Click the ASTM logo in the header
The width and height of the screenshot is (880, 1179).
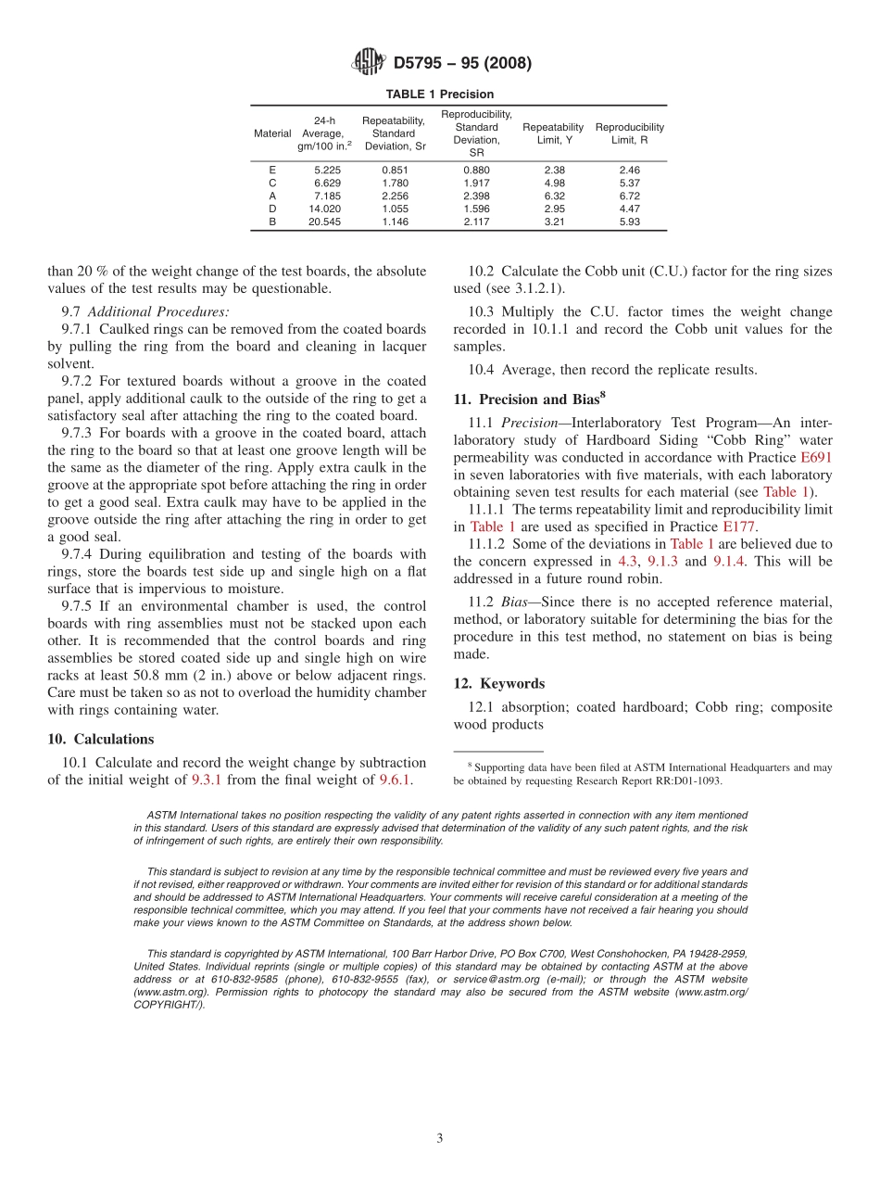click(x=369, y=63)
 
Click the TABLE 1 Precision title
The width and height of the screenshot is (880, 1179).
click(x=440, y=95)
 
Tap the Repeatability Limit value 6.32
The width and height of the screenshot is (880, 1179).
click(x=554, y=196)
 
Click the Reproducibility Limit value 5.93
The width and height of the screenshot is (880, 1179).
click(x=629, y=222)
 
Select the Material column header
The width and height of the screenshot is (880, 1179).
click(x=272, y=133)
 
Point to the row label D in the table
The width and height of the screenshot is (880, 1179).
click(x=272, y=209)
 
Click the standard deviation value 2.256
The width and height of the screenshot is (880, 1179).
click(x=395, y=196)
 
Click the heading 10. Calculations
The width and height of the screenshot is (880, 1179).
click(x=101, y=739)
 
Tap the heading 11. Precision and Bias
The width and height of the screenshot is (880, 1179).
click(x=526, y=399)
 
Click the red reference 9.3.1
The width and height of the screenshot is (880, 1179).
click(x=207, y=780)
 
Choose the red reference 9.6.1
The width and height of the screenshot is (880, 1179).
click(x=396, y=780)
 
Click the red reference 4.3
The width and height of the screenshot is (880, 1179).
click(x=627, y=561)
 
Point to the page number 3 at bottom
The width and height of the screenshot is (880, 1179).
click(x=440, y=1138)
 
